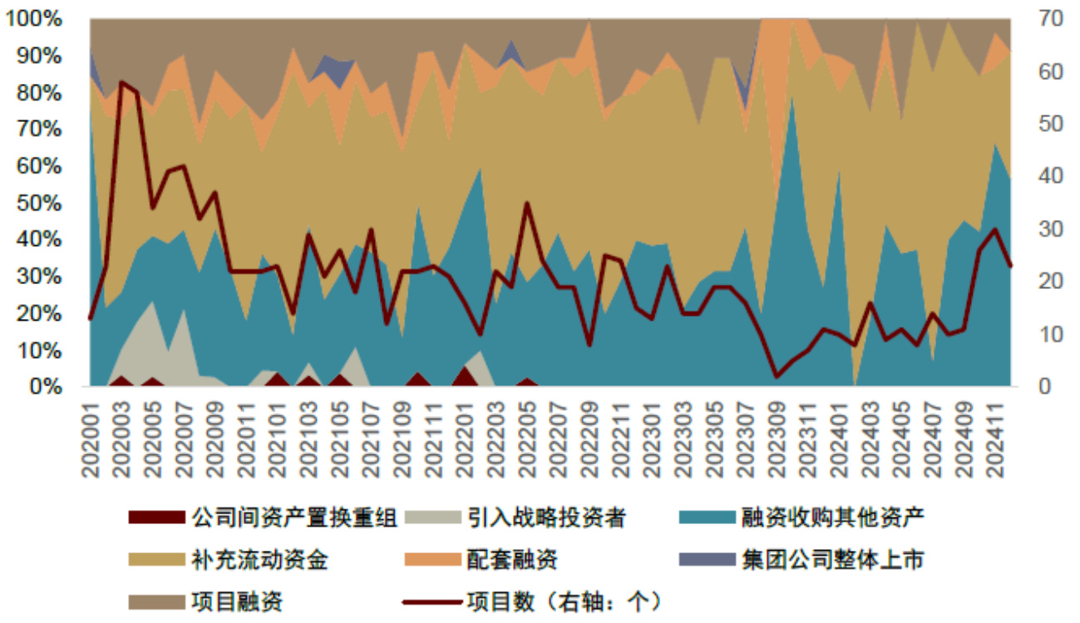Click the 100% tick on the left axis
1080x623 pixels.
pos(35,19)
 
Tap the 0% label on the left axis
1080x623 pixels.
pos(47,386)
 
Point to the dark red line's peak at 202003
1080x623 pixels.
pos(121,82)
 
